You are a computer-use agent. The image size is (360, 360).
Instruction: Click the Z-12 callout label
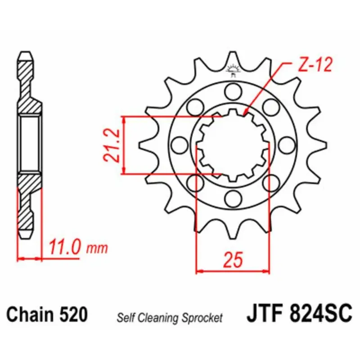315,64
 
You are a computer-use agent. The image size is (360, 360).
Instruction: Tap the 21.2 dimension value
112,145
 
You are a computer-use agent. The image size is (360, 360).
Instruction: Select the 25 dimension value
233,260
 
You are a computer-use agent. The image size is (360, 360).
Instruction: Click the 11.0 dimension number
64,247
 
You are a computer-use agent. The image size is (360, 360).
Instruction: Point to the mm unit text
97,249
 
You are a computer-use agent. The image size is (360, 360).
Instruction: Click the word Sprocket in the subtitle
202,318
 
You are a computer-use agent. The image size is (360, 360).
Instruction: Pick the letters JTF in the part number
265,312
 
